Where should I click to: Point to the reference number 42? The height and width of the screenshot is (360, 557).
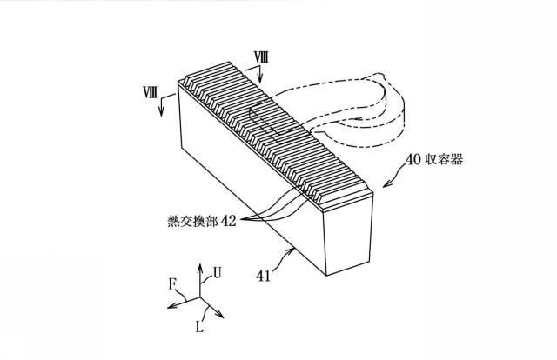tap(229, 221)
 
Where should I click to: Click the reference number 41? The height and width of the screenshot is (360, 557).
tap(263, 277)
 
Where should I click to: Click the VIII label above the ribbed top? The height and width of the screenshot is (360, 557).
tap(260, 57)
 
